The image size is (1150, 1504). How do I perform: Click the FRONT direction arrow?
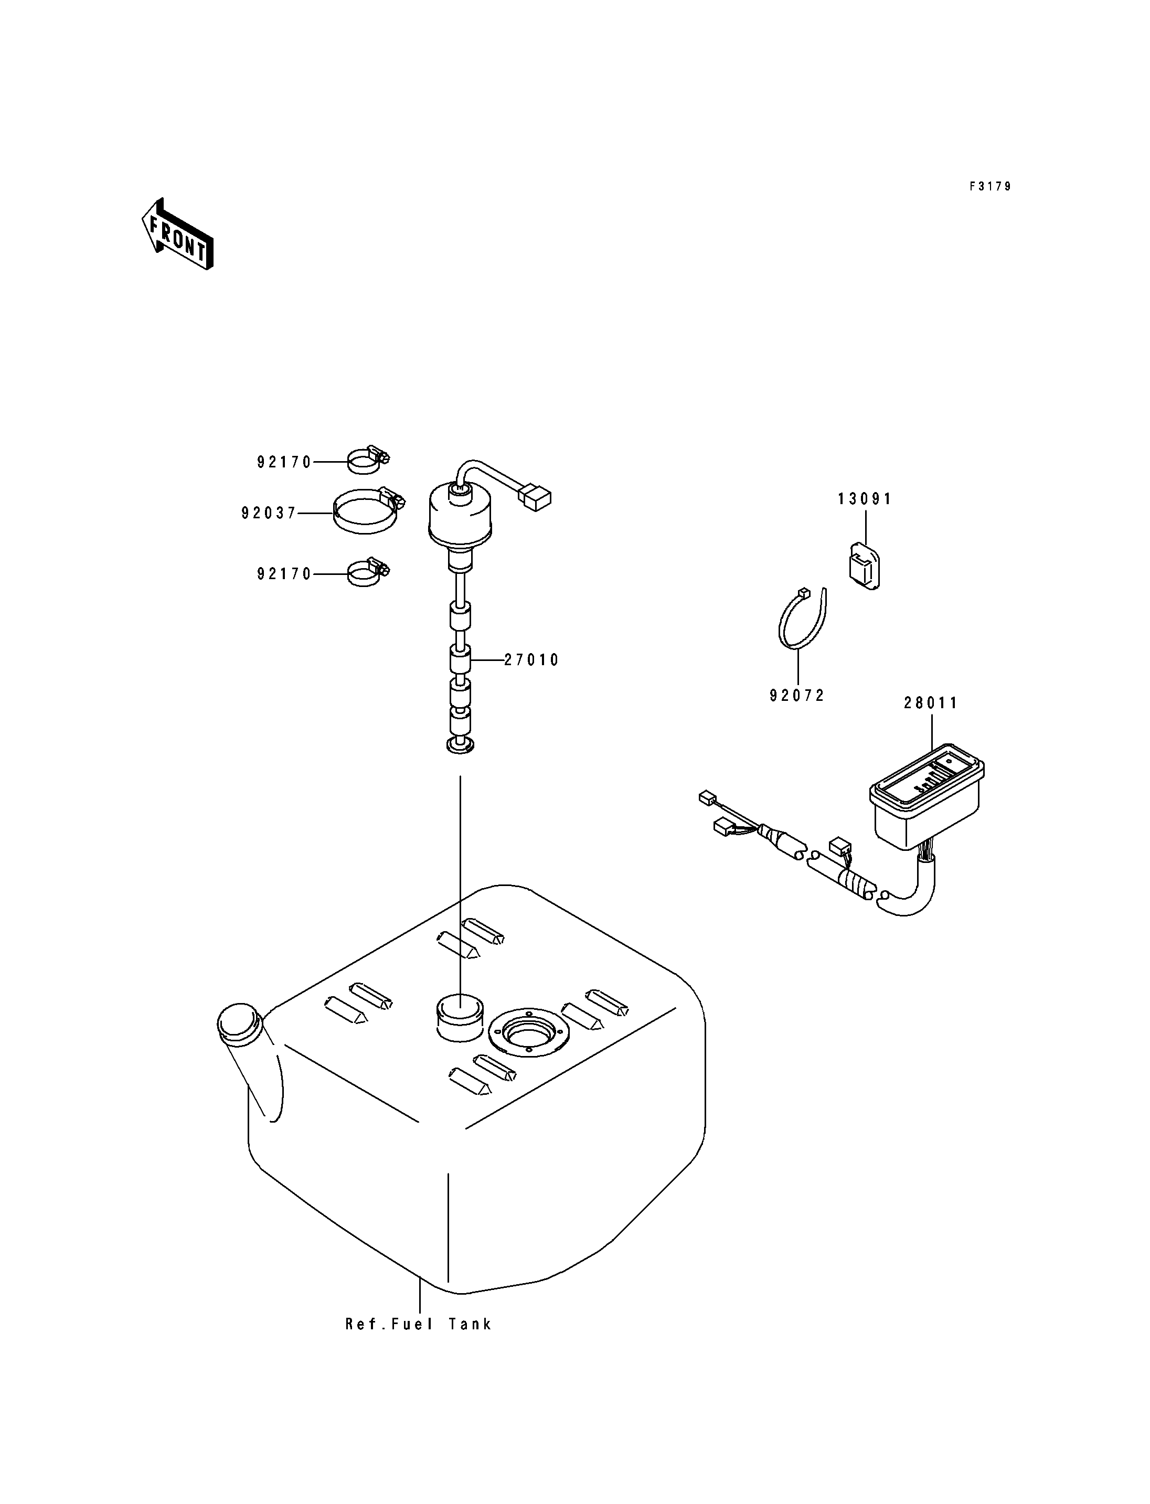tap(177, 234)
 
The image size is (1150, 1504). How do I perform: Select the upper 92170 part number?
tap(284, 463)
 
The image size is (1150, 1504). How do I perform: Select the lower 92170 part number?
tap(284, 574)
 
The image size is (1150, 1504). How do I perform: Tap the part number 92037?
tap(268, 513)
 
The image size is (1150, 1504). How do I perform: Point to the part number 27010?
tap(532, 660)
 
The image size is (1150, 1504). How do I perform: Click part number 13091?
tap(865, 499)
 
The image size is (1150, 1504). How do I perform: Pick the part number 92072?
tap(797, 696)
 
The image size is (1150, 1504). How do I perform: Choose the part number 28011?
tap(931, 703)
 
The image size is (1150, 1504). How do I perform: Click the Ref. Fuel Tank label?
tap(418, 1324)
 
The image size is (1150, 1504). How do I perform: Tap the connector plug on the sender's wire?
tap(535, 498)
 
